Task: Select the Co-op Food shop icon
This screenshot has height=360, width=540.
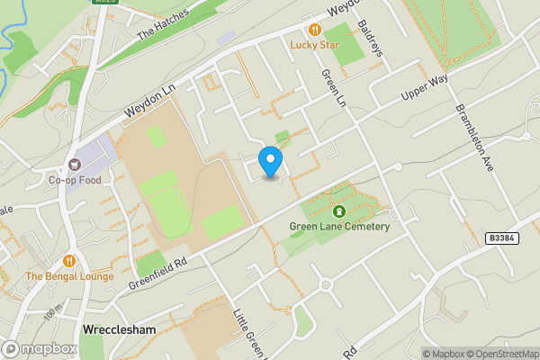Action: [x=75, y=165]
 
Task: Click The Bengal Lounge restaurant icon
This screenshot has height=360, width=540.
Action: [x=69, y=261]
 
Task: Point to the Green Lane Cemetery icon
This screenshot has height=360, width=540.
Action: [x=339, y=211]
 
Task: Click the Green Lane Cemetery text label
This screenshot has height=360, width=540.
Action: [x=339, y=227]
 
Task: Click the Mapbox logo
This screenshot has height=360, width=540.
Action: [x=40, y=348]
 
